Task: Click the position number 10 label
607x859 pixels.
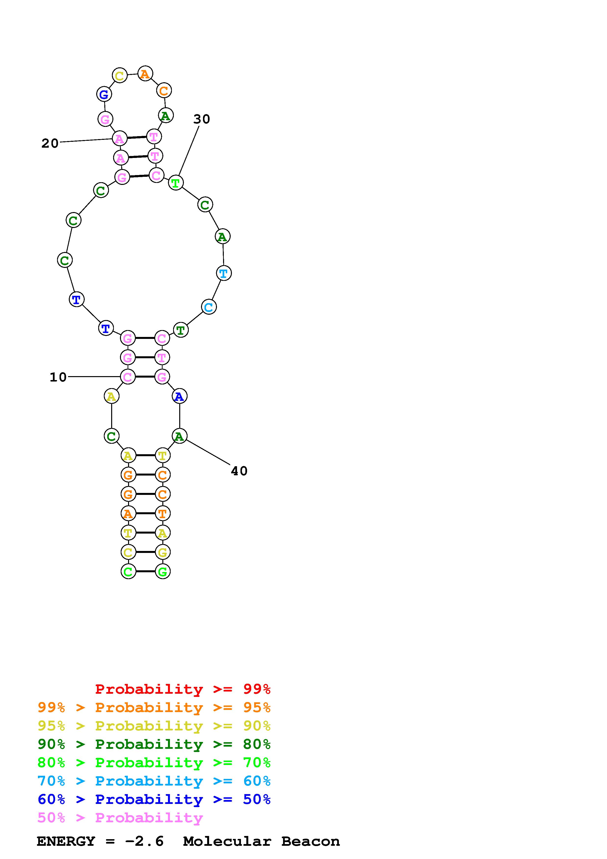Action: pyautogui.click(x=58, y=377)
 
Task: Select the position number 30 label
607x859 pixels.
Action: pyautogui.click(x=202, y=119)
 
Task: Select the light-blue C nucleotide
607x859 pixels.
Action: pyautogui.click(x=209, y=307)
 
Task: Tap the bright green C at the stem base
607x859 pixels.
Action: pyautogui.click(x=128, y=571)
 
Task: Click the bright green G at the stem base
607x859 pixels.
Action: pyautogui.click(x=163, y=571)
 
